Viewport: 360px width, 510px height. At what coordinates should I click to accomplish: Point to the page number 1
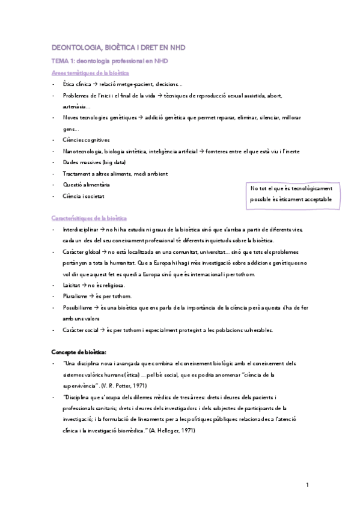pos(307,485)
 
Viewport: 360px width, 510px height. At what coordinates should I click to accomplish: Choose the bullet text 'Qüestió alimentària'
pos(86,185)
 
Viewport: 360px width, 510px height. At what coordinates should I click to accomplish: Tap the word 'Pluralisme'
pos(75,296)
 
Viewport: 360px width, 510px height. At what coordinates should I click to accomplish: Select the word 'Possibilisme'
pos(76,307)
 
